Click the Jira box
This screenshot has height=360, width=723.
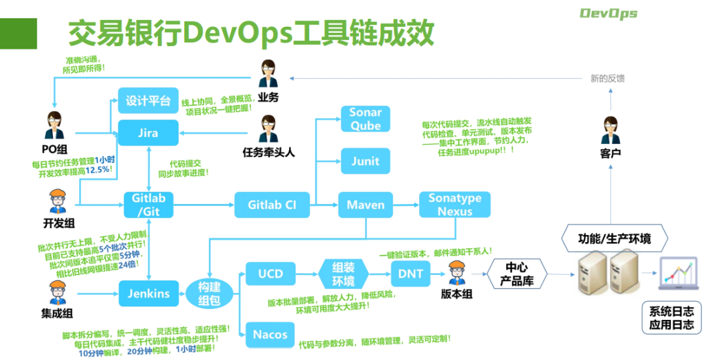coord(148,132)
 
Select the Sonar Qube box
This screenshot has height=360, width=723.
coord(366,119)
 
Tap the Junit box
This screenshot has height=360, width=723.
coord(366,161)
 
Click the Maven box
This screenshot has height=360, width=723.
coord(366,205)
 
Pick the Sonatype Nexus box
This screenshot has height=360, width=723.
coord(455,205)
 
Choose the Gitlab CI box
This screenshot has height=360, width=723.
coord(272,205)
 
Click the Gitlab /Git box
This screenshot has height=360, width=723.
coord(148,205)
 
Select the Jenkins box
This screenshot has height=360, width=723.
coord(148,292)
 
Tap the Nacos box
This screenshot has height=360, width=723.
coord(270,335)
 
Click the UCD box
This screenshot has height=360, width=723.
coord(270,274)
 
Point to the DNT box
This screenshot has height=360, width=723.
coord(410,274)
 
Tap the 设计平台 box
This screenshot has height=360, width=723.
coord(148,101)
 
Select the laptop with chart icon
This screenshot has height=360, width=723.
coord(680,274)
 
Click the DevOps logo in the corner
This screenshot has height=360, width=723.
coord(608,13)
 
